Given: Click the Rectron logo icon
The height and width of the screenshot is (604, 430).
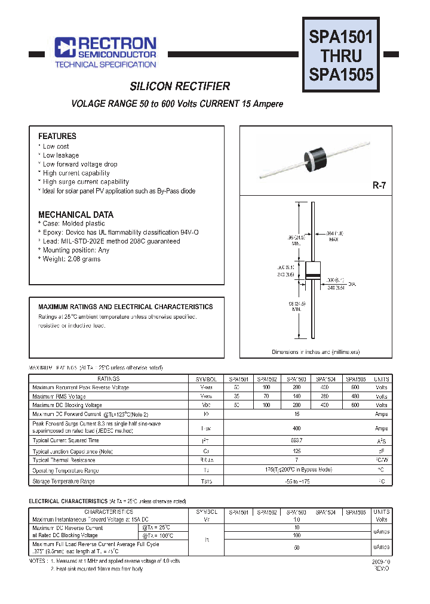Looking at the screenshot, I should point(63,47).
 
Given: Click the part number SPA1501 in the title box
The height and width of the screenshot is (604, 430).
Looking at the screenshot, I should point(340,38).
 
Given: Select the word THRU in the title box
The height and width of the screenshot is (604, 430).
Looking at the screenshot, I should point(340,56).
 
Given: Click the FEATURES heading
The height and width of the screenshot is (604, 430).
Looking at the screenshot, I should point(57,136).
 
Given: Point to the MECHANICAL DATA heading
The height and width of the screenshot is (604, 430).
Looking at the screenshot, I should point(76,214).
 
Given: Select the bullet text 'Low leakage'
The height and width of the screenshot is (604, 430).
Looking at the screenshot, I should point(60,155).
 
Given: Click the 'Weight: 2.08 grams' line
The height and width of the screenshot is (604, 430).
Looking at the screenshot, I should point(71,259).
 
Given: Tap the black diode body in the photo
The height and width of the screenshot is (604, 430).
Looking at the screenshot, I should point(318,156).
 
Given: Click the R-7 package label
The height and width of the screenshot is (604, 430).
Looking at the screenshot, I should point(379,186).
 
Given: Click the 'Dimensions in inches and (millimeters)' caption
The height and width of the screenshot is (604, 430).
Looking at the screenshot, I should point(315,352).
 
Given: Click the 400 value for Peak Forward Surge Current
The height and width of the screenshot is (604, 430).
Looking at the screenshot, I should point(296,428).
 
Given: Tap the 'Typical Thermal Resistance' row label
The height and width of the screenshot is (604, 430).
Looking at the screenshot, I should point(64,460).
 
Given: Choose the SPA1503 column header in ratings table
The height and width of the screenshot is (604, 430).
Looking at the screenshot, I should point(296,379).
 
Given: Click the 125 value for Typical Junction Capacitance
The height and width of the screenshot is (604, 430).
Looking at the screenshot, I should point(296,451).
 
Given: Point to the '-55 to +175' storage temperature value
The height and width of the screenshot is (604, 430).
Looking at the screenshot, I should point(296,480).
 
